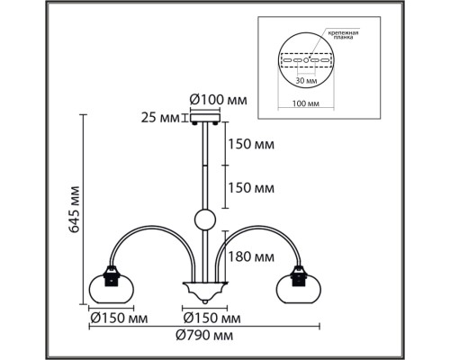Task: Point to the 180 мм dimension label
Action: (251, 257)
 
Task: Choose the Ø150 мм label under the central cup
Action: (211, 318)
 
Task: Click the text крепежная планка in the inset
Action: (343, 35)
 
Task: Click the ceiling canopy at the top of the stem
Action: (202, 116)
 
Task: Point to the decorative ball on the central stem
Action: (202, 219)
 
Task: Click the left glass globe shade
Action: (112, 288)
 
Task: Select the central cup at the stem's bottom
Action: (202, 291)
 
